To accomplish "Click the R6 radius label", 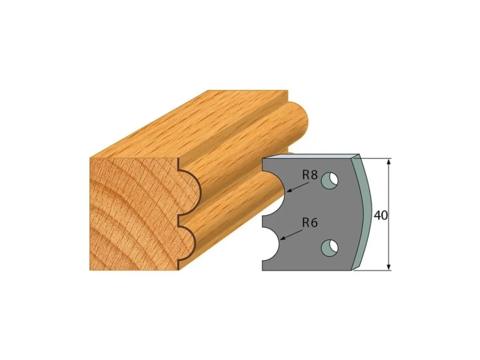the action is (310, 223).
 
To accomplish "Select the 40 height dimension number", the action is (381, 216).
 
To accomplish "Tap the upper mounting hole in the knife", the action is (329, 180).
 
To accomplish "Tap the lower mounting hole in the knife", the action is (330, 247).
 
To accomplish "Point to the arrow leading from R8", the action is (299, 187).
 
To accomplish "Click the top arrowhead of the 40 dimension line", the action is (389, 161).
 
